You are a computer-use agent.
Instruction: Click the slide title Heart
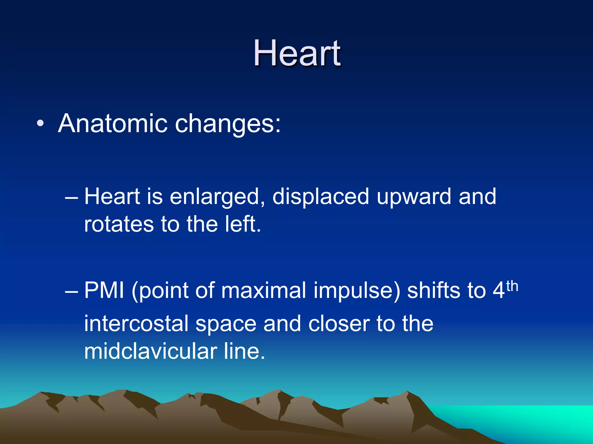(x=297, y=53)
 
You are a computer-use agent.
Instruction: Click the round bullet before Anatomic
(x=41, y=124)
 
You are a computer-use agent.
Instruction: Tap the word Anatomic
(x=112, y=123)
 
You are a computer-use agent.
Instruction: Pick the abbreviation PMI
(x=104, y=291)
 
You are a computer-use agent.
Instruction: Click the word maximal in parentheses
(x=263, y=291)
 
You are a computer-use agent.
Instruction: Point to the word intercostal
(x=136, y=324)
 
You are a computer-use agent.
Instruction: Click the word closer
(x=339, y=324)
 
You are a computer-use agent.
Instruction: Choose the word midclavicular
(x=151, y=351)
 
